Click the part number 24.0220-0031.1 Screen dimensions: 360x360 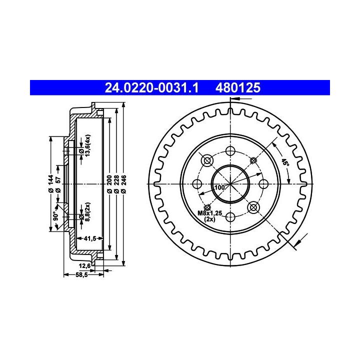[151, 87]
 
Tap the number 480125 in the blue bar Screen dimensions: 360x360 [238, 87]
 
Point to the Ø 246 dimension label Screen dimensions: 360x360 [123, 184]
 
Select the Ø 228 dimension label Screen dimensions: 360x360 [116, 184]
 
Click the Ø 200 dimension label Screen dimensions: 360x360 [109, 184]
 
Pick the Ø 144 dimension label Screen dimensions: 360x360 [51, 183]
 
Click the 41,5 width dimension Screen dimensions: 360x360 [90, 238]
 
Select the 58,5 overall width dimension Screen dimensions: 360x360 [81, 274]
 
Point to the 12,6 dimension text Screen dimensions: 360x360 [84, 266]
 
